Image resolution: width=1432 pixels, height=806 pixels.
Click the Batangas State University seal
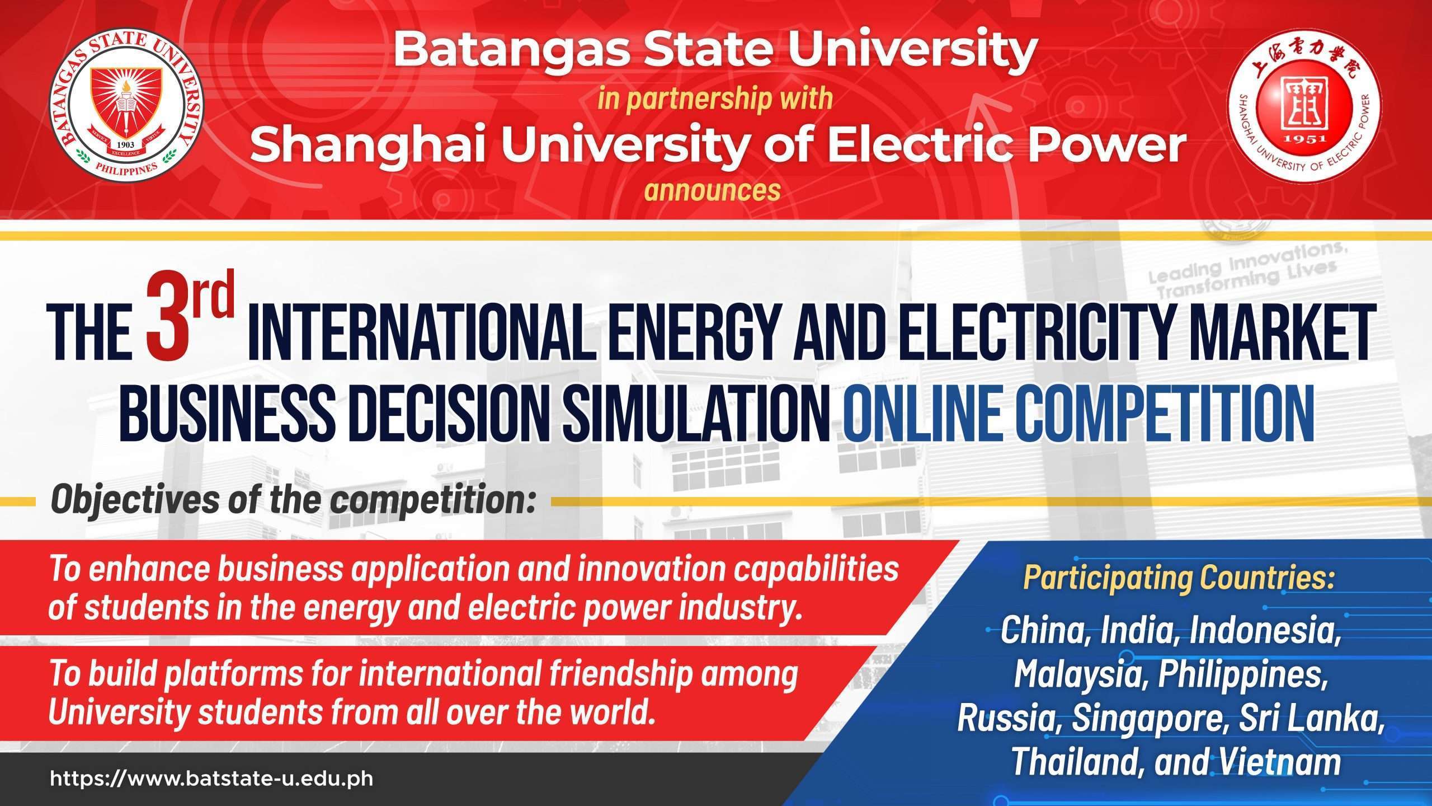coord(127,106)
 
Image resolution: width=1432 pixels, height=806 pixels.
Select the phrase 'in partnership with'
coord(715,99)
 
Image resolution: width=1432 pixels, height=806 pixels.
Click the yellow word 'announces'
coord(712,190)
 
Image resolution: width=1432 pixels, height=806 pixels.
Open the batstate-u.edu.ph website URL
coord(211,779)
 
